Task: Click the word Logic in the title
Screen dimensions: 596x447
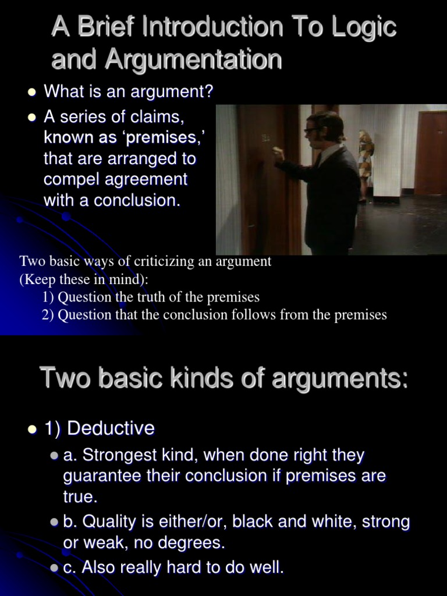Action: tap(362, 27)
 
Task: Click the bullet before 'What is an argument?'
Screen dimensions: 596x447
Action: tap(33, 93)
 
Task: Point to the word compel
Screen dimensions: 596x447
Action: tap(73, 179)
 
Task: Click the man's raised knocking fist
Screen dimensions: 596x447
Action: tap(278, 154)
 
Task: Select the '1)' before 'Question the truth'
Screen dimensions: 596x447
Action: tap(48, 297)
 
